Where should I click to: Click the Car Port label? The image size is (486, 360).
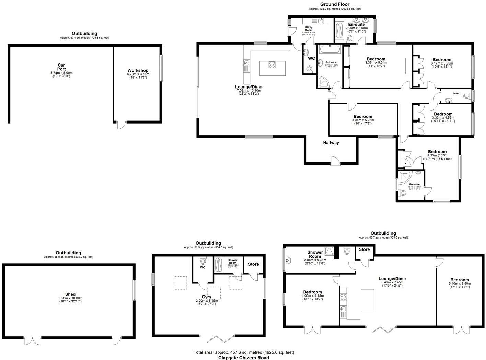pyautogui.click(x=61, y=67)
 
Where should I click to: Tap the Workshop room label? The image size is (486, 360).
pyautogui.click(x=138, y=70)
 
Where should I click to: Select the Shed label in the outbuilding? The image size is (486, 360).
pyautogui.click(x=70, y=294)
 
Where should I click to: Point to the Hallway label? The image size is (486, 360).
pyautogui.click(x=331, y=143)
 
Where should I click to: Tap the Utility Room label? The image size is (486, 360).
pyautogui.click(x=309, y=28)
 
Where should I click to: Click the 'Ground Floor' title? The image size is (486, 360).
pyautogui.click(x=335, y=4)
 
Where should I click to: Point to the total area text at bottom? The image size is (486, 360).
pyautogui.click(x=244, y=352)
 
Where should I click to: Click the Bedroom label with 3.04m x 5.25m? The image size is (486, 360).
pyautogui.click(x=363, y=117)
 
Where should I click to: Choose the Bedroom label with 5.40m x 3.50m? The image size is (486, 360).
pyautogui.click(x=460, y=280)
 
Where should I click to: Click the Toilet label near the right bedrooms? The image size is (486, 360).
pyautogui.click(x=456, y=93)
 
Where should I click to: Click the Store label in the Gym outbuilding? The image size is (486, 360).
pyautogui.click(x=253, y=264)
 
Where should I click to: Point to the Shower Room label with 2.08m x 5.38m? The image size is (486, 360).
pyautogui.click(x=315, y=254)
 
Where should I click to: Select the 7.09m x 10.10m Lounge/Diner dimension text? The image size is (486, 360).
pyautogui.click(x=248, y=91)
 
